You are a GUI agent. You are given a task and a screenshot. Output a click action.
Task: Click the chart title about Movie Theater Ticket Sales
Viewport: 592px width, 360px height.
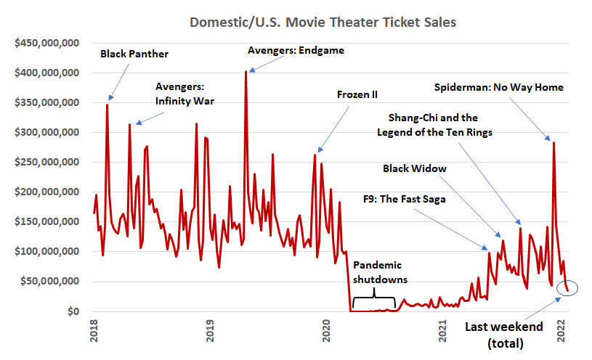click(x=323, y=22)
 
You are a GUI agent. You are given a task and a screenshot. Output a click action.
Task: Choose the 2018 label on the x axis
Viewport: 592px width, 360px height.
click(x=92, y=330)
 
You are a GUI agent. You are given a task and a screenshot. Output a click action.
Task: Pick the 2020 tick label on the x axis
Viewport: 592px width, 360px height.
click(x=326, y=330)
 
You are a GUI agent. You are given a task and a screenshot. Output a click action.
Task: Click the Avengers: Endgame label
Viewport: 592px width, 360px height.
click(x=296, y=51)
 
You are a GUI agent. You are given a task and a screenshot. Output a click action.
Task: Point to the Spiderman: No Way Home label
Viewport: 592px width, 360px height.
click(x=499, y=87)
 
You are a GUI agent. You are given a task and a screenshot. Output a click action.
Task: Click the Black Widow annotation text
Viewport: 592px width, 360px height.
click(x=415, y=168)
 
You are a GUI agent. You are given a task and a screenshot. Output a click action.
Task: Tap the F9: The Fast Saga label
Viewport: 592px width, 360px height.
click(x=404, y=197)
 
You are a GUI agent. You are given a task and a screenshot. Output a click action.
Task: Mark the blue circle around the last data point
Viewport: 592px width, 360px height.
click(x=567, y=287)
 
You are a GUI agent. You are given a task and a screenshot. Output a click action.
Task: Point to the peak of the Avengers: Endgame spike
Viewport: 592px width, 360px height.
click(x=246, y=72)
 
